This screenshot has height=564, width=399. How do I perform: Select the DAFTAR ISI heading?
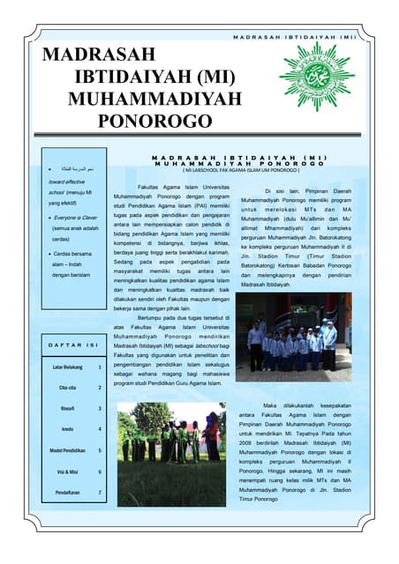(x=73, y=345)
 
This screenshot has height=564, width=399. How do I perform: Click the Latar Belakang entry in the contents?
(x=67, y=367)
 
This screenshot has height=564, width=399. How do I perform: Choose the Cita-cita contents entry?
(x=68, y=388)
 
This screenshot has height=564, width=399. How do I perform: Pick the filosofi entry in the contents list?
(x=68, y=409)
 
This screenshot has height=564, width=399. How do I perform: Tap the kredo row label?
(x=68, y=429)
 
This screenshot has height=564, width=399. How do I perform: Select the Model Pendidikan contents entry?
(x=68, y=450)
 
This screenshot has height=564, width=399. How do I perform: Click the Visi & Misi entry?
(x=68, y=471)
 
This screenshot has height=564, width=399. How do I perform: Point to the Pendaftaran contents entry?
(x=68, y=493)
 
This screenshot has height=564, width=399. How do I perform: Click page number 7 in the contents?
(x=100, y=493)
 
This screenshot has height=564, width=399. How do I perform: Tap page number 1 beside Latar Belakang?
(x=100, y=367)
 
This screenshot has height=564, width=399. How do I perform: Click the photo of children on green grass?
(x=170, y=454)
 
